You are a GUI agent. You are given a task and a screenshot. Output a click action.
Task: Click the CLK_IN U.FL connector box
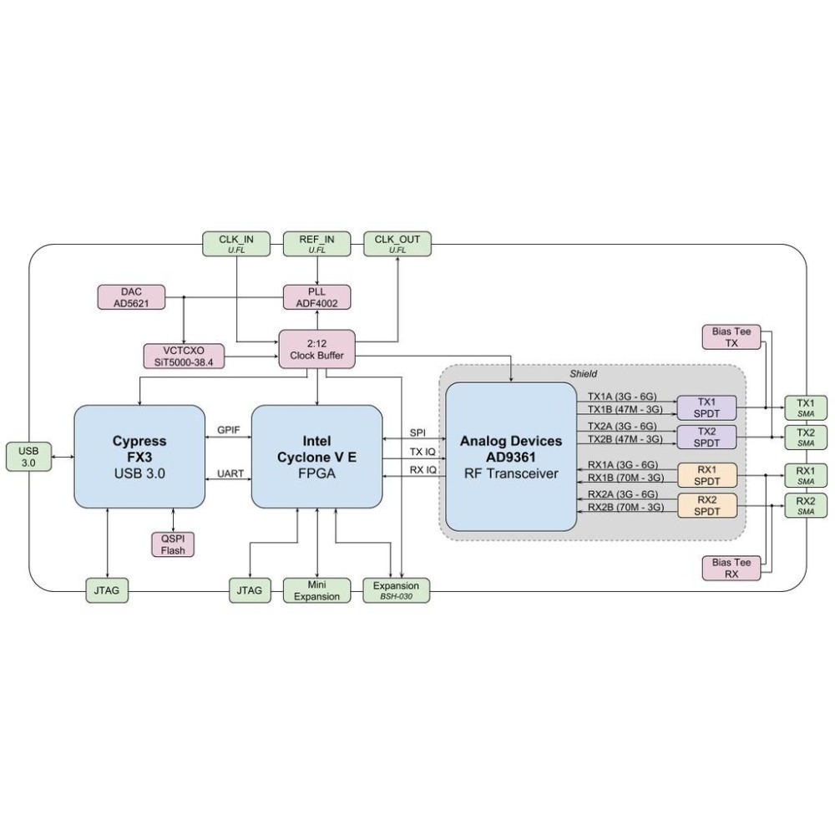(236, 244)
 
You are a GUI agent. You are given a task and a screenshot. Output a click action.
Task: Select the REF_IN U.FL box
(317, 244)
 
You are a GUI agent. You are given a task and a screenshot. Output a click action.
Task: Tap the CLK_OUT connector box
(397, 244)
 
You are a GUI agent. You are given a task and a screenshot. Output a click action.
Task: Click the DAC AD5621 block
(131, 297)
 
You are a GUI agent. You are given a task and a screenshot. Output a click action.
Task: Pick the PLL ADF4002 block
(316, 297)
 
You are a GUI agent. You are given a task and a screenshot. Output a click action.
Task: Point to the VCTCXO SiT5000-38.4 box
(184, 355)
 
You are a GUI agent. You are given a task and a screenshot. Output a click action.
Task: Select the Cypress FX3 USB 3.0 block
(139, 456)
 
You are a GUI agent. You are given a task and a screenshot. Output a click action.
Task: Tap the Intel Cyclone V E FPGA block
(316, 456)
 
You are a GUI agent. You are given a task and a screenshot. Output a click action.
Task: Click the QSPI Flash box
(173, 544)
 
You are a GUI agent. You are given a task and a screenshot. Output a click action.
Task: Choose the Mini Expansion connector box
(316, 590)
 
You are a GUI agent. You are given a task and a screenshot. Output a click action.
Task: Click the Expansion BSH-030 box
(397, 590)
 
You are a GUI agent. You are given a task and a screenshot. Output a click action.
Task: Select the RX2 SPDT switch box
(706, 506)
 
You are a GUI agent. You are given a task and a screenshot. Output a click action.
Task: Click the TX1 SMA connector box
(805, 407)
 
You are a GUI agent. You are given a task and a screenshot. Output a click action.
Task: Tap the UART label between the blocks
(230, 473)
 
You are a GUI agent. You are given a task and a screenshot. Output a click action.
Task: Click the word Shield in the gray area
(584, 373)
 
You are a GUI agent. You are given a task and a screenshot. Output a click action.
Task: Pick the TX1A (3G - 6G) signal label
(622, 396)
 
